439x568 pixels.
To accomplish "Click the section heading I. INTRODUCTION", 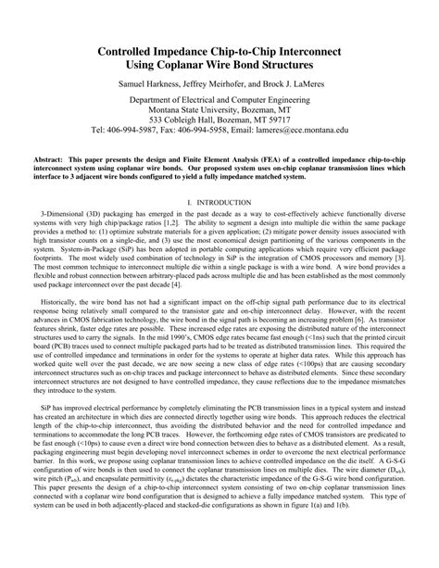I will tap(219, 201).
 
